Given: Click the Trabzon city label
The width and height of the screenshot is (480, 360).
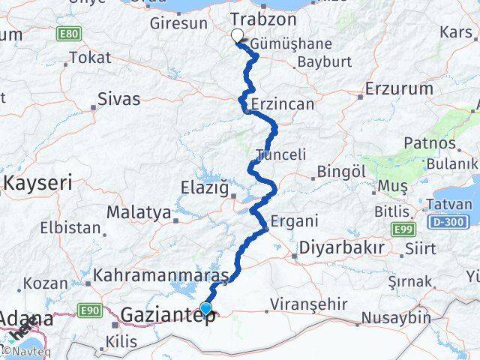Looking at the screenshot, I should pyautogui.click(x=263, y=19).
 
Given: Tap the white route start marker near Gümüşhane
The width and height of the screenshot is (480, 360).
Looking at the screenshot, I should pyautogui.click(x=238, y=35).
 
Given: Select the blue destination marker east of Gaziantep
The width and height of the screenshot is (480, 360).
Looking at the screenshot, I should pyautogui.click(x=205, y=308).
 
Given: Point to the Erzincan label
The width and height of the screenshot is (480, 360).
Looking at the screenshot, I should pyautogui.click(x=283, y=104).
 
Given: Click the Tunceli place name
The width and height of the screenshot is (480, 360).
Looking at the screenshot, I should pyautogui.click(x=281, y=154).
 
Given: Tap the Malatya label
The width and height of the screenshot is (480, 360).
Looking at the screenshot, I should pyautogui.click(x=138, y=212).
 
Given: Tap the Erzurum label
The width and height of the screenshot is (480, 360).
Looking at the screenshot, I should pyautogui.click(x=399, y=88).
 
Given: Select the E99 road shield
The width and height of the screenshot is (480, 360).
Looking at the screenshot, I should pyautogui.click(x=402, y=229).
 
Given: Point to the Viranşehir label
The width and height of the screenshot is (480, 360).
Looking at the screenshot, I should pyautogui.click(x=310, y=304).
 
